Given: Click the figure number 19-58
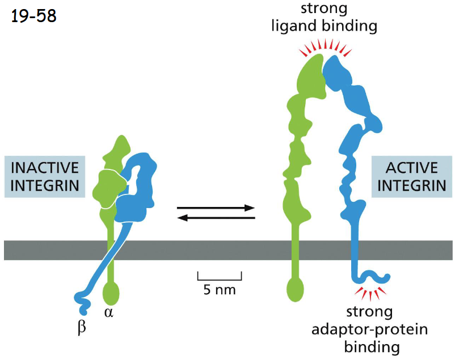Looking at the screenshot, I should (x=33, y=15).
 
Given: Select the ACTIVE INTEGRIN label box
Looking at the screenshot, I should (x=411, y=176).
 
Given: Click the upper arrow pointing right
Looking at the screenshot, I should (x=216, y=208).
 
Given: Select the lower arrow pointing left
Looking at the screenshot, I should (x=216, y=218).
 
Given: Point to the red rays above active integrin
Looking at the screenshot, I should (x=326, y=48).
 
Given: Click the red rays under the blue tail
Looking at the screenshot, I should (x=370, y=293).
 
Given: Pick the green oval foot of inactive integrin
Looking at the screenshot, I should (x=111, y=293).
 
